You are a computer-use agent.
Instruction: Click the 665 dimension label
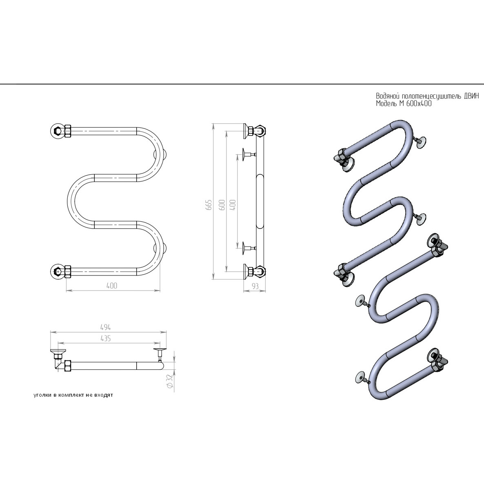click(209, 205)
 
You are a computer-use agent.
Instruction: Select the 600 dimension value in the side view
click(221, 205)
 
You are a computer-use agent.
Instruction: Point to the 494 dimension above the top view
click(106, 327)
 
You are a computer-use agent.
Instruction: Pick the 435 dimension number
click(106, 338)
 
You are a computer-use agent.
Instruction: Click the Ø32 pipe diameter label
click(169, 381)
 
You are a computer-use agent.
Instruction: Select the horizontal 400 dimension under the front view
click(112, 286)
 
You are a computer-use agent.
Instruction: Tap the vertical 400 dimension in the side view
click(233, 205)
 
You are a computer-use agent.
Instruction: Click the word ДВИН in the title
click(471, 96)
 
